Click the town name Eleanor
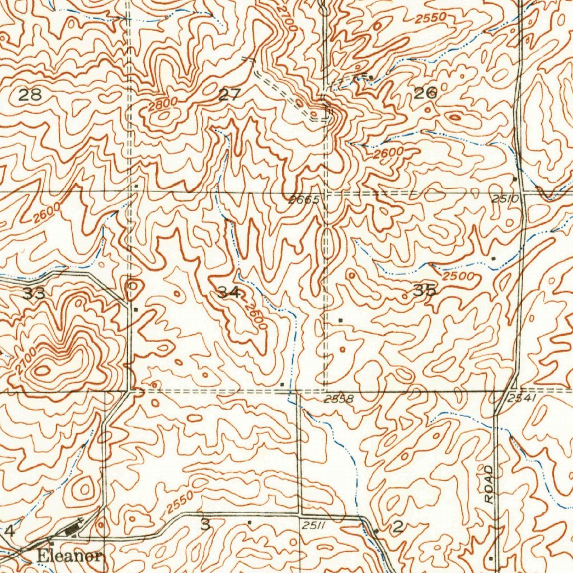coord(70,557)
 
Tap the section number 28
coord(30,95)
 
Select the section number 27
coord(229,95)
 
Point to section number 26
coord(425,93)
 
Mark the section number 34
coord(230,292)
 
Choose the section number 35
coord(424,290)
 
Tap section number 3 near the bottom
coord(206,525)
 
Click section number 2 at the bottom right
coord(398,526)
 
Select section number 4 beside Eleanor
coord(9,530)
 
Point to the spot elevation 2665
coord(304,200)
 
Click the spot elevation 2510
coord(502,199)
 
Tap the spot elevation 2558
coord(339,399)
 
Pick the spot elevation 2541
coord(523,398)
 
